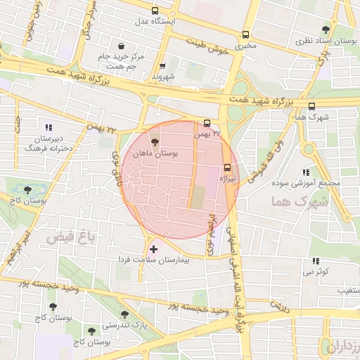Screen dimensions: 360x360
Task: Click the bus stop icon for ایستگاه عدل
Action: [155, 11]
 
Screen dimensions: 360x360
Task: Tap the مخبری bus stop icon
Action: [245, 34]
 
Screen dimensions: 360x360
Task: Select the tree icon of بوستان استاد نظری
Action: [325, 30]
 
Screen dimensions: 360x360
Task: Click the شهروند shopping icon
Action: [162, 65]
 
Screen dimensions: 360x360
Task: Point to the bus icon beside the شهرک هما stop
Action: [311, 107]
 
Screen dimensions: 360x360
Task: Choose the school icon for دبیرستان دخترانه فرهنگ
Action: [48, 127]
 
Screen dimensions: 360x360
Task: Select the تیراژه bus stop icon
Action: [227, 167]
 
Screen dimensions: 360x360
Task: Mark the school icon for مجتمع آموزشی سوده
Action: [304, 172]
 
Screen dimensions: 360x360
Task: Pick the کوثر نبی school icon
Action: [314, 261]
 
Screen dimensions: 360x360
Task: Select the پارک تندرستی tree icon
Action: [124, 314]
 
